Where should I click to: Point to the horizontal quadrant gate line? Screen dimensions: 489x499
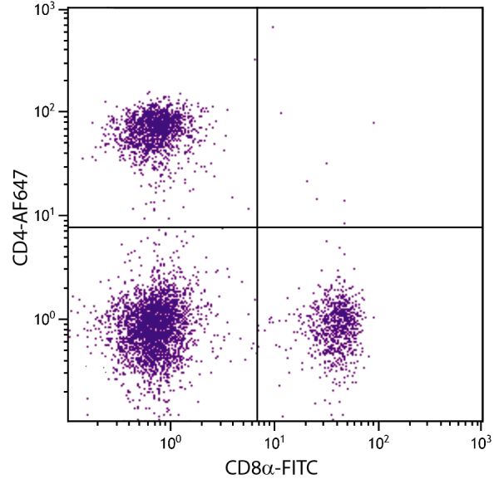(366, 227)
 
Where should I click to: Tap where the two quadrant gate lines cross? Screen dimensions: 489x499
(257, 227)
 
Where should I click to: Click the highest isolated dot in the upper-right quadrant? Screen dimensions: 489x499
(272, 27)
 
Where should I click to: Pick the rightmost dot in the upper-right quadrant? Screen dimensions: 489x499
(373, 122)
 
